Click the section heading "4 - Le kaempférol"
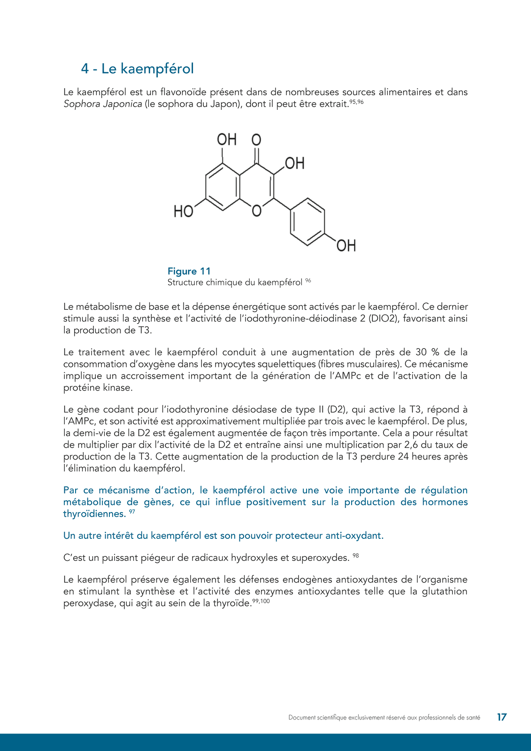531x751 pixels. tap(137, 69)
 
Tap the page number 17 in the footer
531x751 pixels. tap(501, 717)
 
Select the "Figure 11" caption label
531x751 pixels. tap(189, 271)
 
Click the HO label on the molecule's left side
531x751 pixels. tap(183, 212)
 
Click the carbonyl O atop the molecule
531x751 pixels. tap(256, 140)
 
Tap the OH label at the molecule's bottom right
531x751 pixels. tap(346, 245)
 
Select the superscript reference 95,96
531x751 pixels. tap(357, 101)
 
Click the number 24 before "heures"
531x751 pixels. tap(403, 457)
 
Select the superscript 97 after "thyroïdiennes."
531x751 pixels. tap(132, 512)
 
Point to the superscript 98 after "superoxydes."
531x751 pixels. tap(355, 556)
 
